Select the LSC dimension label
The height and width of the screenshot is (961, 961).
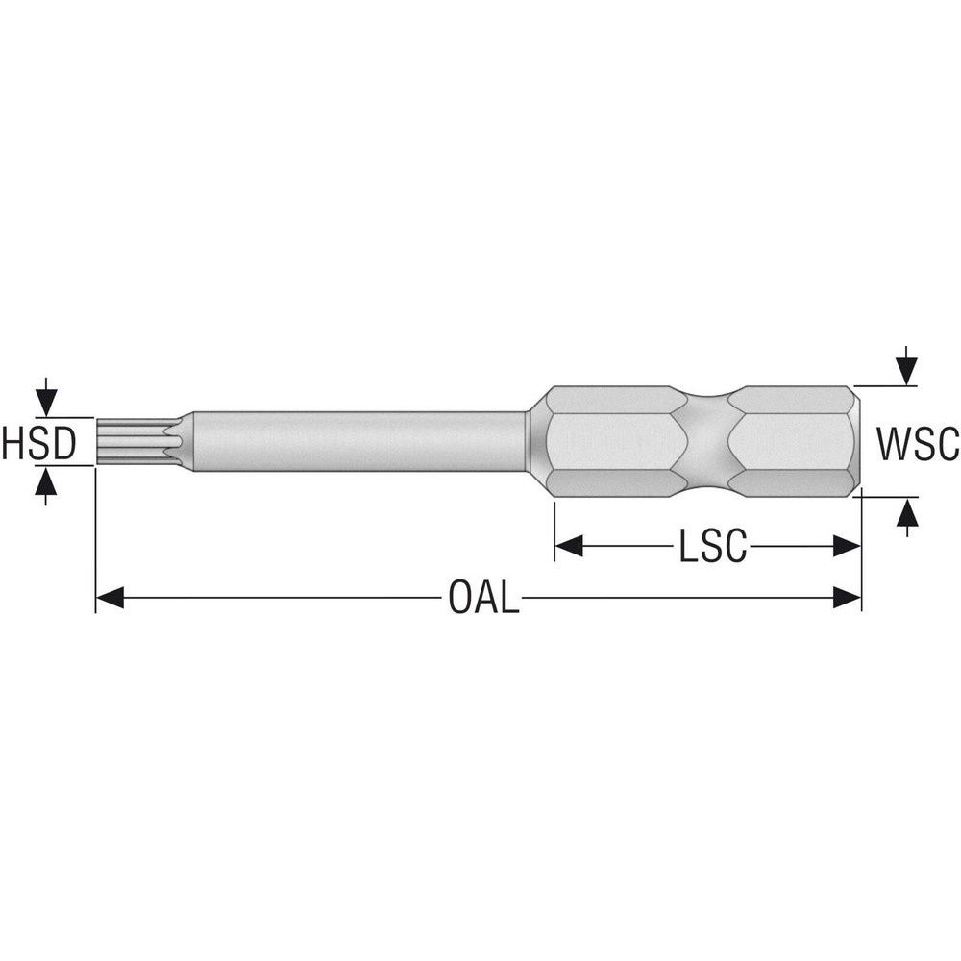coord(712,547)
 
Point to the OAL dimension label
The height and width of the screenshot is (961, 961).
coord(483,599)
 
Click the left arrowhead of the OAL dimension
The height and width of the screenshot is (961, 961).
coord(110,599)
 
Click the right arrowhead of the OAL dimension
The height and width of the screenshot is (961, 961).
coord(847,599)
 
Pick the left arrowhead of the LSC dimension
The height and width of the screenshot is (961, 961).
coord(570,547)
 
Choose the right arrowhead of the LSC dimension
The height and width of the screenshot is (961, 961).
coord(847,547)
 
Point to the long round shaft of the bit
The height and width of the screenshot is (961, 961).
coord(356,442)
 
